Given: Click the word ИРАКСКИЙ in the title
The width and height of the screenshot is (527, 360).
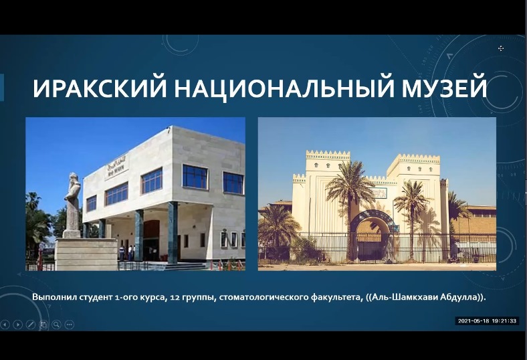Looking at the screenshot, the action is point(100,88).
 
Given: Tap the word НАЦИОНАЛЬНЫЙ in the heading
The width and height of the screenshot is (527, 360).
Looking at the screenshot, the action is point(284,89).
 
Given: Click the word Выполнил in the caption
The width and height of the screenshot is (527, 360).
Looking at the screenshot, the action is point(55,297).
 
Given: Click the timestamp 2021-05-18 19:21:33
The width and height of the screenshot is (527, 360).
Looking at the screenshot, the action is point(487,321).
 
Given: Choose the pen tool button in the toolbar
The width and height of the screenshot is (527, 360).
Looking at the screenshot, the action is point(31,325).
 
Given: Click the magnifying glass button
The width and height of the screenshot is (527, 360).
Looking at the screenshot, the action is point(56,325).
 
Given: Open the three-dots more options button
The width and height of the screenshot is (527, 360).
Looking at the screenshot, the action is point(70,325).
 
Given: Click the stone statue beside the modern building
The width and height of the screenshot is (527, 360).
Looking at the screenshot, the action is point(72,203).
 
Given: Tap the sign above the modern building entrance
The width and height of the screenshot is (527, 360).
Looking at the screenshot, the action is point(116,171).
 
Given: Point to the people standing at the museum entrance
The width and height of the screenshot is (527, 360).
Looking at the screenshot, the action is point(127,252).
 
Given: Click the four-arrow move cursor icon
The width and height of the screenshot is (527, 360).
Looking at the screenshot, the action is point(501,48).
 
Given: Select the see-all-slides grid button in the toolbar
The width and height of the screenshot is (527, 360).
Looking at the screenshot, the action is point(43,325).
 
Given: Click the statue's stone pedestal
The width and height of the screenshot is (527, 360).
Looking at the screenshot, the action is point(86,254).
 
